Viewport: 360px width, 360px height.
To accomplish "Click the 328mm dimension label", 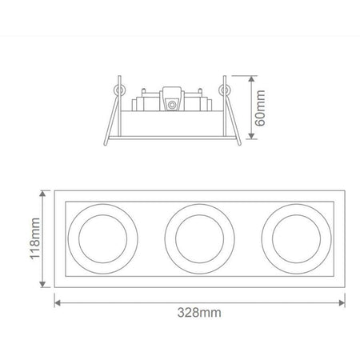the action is pyautogui.click(x=199, y=312).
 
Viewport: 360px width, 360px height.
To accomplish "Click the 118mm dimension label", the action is pyautogui.click(x=35, y=238).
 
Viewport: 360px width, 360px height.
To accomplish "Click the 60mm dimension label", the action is pyautogui.click(x=260, y=108).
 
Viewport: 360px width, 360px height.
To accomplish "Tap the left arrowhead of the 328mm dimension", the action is pyautogui.click(x=58, y=303).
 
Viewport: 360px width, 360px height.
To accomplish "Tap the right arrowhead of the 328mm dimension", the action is pyautogui.click(x=342, y=303).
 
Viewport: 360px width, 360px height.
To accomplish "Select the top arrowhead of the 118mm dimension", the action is pyautogui.click(x=42, y=194).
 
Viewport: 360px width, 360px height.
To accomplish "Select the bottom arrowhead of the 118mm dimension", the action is pyautogui.click(x=42, y=284).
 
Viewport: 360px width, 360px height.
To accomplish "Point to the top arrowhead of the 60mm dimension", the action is pyautogui.click(x=251, y=79).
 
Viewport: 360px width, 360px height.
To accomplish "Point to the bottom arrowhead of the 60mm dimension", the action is pyautogui.click(x=251, y=136).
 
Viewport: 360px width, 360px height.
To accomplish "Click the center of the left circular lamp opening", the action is pyautogui.click(x=103, y=239).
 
